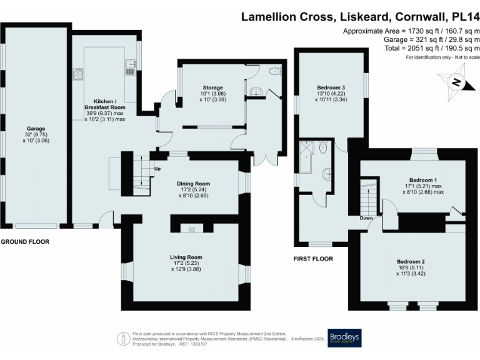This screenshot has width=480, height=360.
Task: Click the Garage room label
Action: click(36, 129)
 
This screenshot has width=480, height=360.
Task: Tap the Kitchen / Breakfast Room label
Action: click(104, 104)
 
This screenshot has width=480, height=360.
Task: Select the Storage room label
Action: click(212, 87)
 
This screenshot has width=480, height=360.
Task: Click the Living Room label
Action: click(186, 256)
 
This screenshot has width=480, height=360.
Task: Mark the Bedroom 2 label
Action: click(411, 261)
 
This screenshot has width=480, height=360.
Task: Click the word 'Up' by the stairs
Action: click(158, 168)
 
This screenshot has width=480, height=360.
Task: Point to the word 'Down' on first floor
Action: click(366, 218)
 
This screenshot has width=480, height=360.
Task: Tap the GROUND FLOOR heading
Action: click(24, 241)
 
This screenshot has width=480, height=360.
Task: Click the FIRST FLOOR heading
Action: click(313, 258)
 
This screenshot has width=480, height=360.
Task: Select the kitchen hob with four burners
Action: click(79, 74)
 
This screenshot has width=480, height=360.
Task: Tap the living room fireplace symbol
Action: click(191, 230)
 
